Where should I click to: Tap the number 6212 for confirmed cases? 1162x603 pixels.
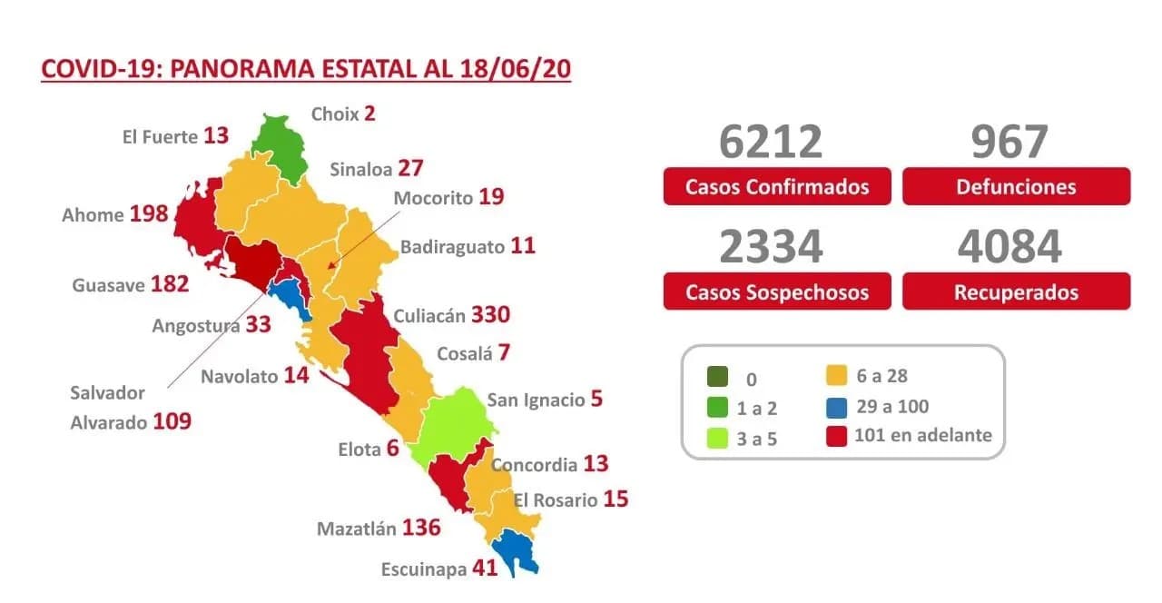click(x=771, y=142)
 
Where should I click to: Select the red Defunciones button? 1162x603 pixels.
click(x=1016, y=187)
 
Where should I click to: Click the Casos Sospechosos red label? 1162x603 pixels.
click(x=776, y=292)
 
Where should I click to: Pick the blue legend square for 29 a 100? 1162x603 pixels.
click(x=837, y=407)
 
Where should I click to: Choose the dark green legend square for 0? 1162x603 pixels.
click(x=716, y=377)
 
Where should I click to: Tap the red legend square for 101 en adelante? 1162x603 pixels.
click(x=837, y=436)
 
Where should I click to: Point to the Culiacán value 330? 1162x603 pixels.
click(x=489, y=315)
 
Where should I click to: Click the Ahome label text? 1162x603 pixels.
click(x=93, y=215)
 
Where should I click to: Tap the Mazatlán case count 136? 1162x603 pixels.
click(x=420, y=528)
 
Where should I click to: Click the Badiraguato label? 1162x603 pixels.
click(x=452, y=247)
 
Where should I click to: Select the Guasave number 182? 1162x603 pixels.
click(x=170, y=284)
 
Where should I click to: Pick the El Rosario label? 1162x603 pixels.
click(x=556, y=500)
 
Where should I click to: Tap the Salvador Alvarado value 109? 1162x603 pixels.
click(x=172, y=421)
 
